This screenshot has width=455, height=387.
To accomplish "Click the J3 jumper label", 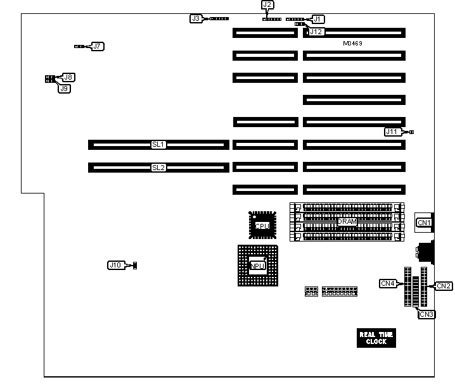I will (196, 18).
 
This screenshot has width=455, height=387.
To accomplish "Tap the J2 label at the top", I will (267, 5).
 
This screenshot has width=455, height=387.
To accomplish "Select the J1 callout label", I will (316, 19).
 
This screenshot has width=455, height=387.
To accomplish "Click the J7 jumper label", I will (98, 46).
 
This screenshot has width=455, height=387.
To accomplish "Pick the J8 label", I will (68, 77).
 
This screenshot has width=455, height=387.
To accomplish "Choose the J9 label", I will (64, 89).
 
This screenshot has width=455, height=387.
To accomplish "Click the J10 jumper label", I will (115, 265).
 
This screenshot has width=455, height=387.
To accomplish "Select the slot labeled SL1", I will (158, 145).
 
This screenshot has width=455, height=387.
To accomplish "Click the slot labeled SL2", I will (158, 168).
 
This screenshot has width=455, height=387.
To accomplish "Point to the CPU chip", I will (262, 225).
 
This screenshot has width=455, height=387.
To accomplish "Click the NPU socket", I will (257, 265).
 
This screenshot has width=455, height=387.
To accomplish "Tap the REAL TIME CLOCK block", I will (376, 338).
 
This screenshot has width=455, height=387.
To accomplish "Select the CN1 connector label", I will (423, 223).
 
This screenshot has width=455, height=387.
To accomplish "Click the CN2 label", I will (444, 286).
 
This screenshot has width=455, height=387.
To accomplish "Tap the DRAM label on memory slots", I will (347, 223).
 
